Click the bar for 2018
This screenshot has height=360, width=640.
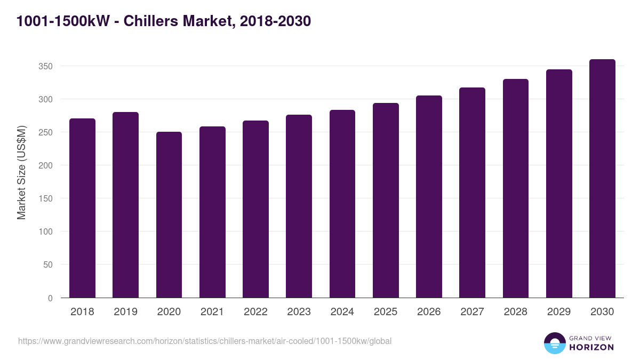point(82,208)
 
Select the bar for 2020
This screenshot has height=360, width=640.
point(169,214)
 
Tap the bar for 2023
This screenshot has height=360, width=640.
point(299,206)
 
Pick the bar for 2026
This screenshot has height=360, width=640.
point(429,197)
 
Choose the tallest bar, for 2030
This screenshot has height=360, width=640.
point(602,179)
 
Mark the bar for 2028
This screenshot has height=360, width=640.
point(515,188)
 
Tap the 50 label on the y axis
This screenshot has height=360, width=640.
point(47,265)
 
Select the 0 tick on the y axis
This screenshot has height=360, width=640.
point(50,298)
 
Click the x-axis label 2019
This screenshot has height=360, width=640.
point(125,312)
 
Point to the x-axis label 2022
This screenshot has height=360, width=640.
point(255,312)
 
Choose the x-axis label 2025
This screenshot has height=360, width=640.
point(386,312)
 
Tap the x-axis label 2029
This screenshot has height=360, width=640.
point(559,312)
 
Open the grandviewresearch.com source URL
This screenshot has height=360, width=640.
point(205,341)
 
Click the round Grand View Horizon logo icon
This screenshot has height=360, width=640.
point(555,343)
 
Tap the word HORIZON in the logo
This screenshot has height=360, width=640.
point(591,347)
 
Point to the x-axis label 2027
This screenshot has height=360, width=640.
point(472,312)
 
